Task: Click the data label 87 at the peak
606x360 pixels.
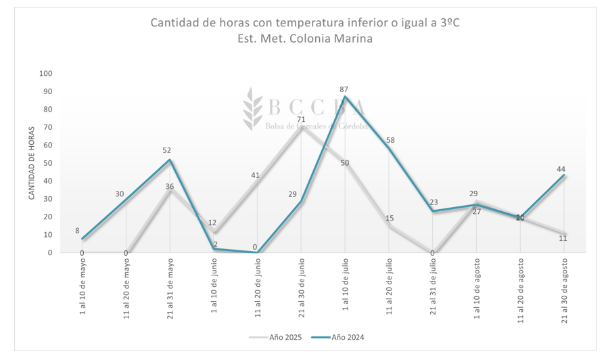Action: click(x=344, y=89)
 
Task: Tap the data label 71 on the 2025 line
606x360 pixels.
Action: click(x=301, y=119)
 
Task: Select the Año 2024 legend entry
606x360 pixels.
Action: click(x=348, y=337)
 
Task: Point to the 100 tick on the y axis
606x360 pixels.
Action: click(x=46, y=73)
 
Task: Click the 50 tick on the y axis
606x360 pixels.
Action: click(x=48, y=163)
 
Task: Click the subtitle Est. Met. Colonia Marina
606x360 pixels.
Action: click(x=305, y=39)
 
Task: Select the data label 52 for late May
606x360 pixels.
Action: click(x=168, y=151)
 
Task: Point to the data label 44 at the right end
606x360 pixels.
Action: click(x=562, y=169)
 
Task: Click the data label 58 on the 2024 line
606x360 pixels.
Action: click(x=390, y=141)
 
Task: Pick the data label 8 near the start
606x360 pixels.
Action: click(x=78, y=230)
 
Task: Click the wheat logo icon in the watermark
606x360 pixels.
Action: click(x=254, y=108)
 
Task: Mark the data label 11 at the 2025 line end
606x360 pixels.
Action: click(x=563, y=238)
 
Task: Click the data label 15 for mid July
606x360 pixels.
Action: click(x=390, y=218)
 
